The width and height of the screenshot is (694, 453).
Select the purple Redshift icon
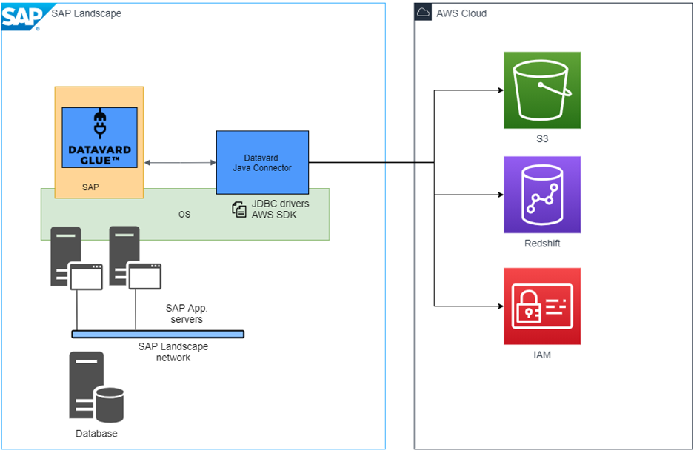[x=542, y=194]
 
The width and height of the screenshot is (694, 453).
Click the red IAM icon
[x=542, y=306]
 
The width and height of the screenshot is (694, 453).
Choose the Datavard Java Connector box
[x=262, y=163]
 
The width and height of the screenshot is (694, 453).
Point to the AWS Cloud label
[x=461, y=13]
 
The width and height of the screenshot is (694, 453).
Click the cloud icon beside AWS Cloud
[x=423, y=13]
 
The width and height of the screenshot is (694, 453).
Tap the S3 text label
[x=542, y=138]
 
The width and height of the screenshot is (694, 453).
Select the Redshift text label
[x=542, y=244]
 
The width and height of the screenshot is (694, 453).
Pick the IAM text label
[x=542, y=355]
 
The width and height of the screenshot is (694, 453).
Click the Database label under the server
[x=96, y=434]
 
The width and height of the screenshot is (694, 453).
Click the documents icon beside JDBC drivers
[x=239, y=209]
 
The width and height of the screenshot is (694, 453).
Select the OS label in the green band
[x=184, y=215]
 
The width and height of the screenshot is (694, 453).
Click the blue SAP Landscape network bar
[x=158, y=334]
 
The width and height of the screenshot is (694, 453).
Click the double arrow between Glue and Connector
[x=180, y=163]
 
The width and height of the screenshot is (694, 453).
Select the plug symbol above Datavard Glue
[x=99, y=125]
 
